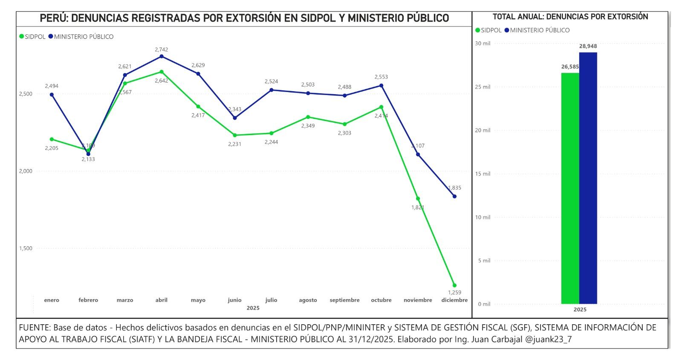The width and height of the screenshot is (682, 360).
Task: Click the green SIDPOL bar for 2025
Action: point(570,188)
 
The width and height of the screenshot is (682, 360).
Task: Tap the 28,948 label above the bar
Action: point(588,46)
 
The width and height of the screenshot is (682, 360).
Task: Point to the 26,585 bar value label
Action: point(570,67)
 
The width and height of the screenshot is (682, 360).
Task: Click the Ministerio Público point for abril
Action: point(162,56)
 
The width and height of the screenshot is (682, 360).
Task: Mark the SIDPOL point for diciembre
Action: point(454,285)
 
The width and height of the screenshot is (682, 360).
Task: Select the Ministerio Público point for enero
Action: point(52,95)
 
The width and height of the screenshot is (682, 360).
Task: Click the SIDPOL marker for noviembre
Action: point(418,199)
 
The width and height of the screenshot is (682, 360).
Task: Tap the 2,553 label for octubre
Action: point(381,77)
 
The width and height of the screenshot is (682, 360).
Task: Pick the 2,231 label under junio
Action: point(234,144)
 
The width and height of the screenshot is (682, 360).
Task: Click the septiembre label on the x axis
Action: point(344,300)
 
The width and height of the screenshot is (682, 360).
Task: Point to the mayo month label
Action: point(198,300)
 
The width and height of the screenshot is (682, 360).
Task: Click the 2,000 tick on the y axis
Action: point(26,171)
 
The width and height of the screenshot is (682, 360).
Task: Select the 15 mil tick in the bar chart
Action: point(483,174)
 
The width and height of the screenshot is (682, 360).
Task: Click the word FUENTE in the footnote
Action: point(34,328)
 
